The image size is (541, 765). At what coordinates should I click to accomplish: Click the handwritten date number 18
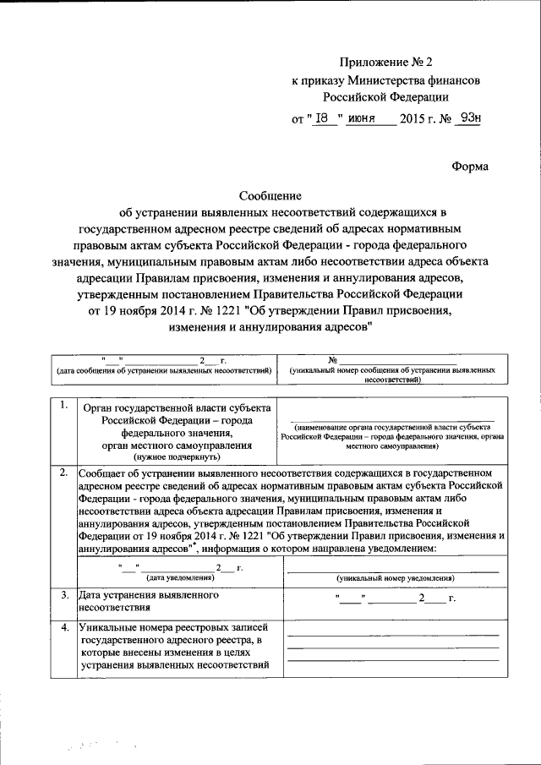coord(322,119)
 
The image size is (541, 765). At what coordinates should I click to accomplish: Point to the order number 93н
coord(467,119)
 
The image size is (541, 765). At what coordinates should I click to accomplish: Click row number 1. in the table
coord(63,405)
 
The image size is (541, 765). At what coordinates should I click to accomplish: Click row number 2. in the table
coord(63,472)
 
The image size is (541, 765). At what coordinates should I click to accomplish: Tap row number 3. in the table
coord(63,595)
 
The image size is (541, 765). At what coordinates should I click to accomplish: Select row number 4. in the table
coord(63,627)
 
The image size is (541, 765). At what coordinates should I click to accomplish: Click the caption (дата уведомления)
coord(180,577)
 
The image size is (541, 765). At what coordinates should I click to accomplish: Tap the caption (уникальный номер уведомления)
coord(395,578)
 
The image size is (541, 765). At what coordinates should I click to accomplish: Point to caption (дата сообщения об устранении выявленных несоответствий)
coord(163,370)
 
